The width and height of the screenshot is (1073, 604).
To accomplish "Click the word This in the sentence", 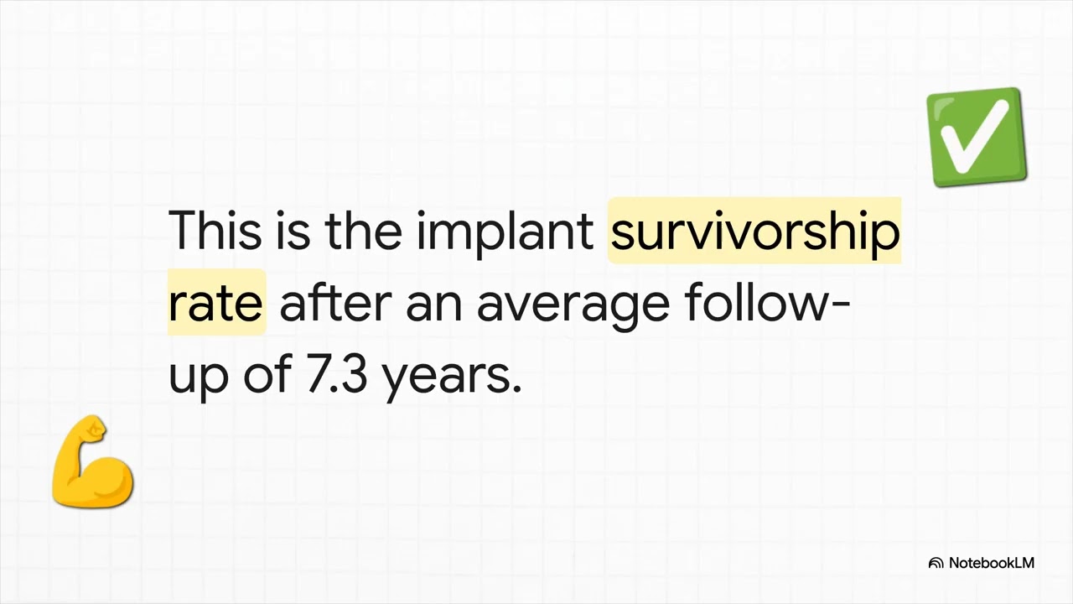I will point(215,231).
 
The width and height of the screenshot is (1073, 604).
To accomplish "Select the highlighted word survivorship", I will point(754,232).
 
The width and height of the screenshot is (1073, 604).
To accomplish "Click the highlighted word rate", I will point(215,303).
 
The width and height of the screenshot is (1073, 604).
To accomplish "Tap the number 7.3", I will point(337,375).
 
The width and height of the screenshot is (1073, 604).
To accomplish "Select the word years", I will point(447,377).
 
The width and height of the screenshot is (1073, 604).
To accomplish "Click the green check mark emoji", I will point(977,137).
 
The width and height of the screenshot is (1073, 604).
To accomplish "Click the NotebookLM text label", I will point(991,563).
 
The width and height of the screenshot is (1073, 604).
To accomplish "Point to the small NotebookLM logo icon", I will point(936,563).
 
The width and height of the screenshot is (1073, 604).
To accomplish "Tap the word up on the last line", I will point(198,377).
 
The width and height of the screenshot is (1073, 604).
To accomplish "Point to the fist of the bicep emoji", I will point(94,431).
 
